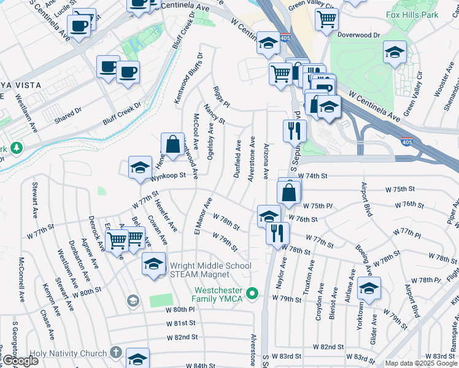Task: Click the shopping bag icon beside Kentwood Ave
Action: [x=172, y=145]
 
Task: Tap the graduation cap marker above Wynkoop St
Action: [x=140, y=167]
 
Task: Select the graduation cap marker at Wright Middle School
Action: [x=154, y=264]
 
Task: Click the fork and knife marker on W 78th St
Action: [x=277, y=233]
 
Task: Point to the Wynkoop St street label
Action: [x=168, y=177]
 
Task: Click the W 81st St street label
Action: [x=180, y=323]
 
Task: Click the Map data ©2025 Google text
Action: [x=420, y=362]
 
